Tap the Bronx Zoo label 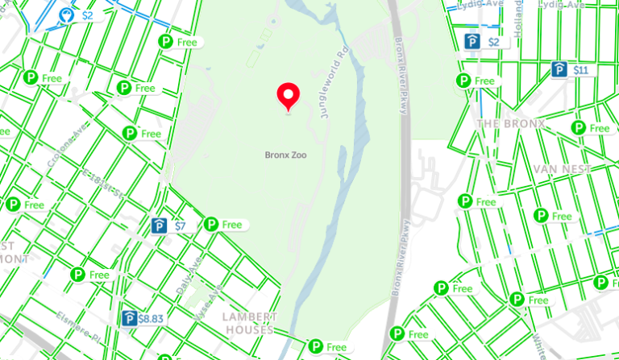click(x=285, y=154)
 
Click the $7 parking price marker click(x=171, y=226)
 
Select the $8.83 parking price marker click(x=143, y=319)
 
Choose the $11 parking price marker click(x=571, y=71)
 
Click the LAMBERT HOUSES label click(x=250, y=323)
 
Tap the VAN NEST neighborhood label click(x=562, y=168)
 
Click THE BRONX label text click(x=510, y=124)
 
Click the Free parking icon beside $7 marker click(x=222, y=225)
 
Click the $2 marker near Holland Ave click(x=484, y=42)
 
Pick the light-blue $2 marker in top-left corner click(x=77, y=15)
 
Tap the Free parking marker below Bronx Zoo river click(x=328, y=347)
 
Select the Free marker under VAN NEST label click(x=552, y=216)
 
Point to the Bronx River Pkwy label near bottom click(x=401, y=258)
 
